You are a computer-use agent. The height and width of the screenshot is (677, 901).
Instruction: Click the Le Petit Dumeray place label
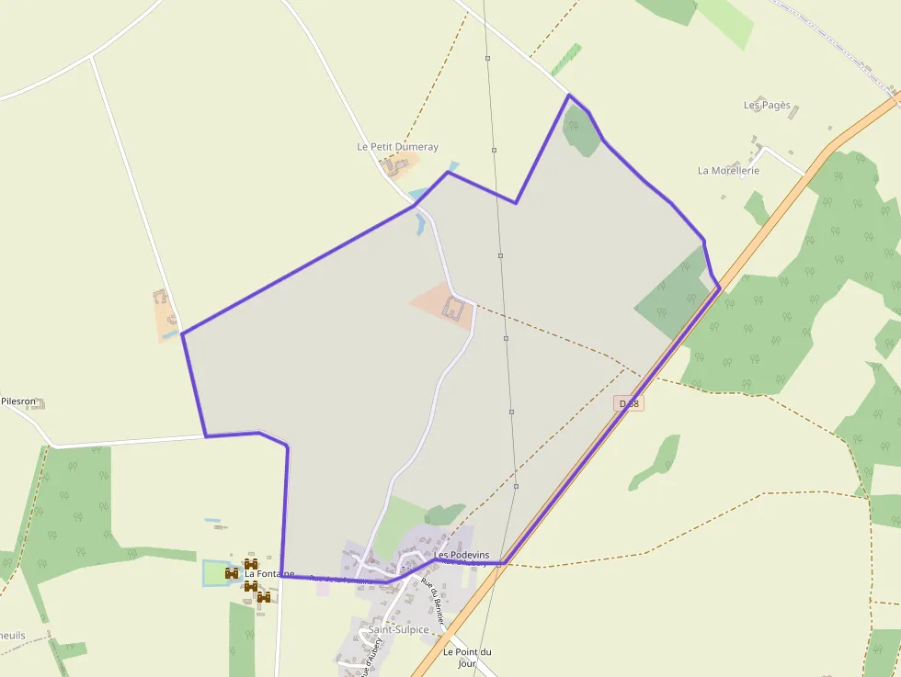tap(397, 147)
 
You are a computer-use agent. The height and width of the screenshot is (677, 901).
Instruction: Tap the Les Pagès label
tap(767, 106)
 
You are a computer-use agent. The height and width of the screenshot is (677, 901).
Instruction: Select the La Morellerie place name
tap(728, 171)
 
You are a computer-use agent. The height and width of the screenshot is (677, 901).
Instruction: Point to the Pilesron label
tap(17, 401)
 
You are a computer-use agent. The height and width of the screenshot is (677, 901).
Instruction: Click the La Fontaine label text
tap(268, 574)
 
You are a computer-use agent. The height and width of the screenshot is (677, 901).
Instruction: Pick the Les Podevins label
tap(462, 556)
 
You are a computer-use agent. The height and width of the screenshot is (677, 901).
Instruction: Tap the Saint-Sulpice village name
tap(398, 629)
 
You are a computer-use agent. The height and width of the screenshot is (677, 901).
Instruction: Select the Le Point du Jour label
tap(467, 657)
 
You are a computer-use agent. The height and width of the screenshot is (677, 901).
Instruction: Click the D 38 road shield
tap(629, 403)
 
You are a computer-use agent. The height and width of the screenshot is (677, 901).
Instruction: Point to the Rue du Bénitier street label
tap(432, 602)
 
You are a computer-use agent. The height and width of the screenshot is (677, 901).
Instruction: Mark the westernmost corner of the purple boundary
tap(182, 333)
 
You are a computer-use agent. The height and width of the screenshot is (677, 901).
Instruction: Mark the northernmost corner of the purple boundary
tap(569, 95)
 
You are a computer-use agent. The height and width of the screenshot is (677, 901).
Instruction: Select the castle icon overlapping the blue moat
tap(232, 573)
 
